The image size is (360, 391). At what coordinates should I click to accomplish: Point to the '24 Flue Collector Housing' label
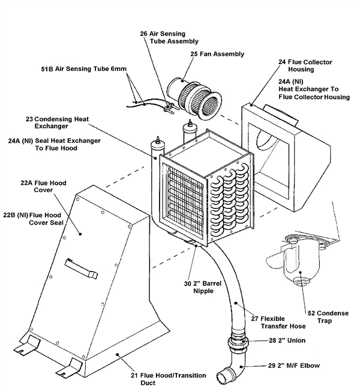coord(305,66)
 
